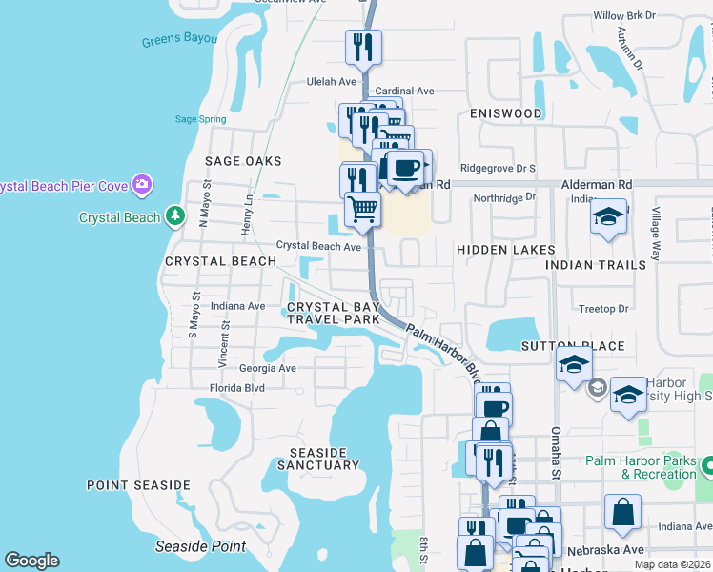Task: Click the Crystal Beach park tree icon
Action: [174, 217]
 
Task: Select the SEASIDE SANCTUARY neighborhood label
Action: [318, 458]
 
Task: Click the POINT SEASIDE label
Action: [138, 485]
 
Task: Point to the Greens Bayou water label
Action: [179, 41]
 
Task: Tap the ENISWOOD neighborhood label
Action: [505, 113]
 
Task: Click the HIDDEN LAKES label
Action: [505, 250]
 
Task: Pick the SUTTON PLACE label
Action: [572, 346]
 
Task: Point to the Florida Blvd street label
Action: [237, 388]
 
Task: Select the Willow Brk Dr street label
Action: [625, 16]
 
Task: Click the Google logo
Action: [32, 561]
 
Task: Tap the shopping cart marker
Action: [362, 209]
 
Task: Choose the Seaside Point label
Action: [201, 547]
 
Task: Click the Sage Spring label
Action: [201, 119]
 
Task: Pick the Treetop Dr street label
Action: [603, 309]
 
